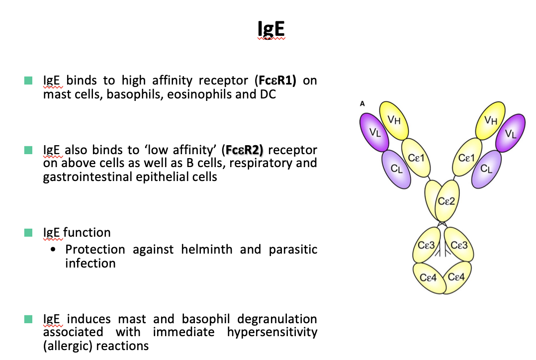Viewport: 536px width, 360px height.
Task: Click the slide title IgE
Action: pyautogui.click(x=270, y=30)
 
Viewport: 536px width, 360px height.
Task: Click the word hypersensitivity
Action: pyautogui.click(x=272, y=332)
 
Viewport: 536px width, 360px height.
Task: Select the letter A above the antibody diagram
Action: pyautogui.click(x=362, y=104)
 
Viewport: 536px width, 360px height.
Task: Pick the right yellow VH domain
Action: pyautogui.click(x=491, y=120)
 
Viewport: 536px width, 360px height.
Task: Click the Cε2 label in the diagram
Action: pyautogui.click(x=446, y=201)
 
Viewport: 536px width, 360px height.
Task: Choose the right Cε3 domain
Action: pyautogui.click(x=458, y=246)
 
